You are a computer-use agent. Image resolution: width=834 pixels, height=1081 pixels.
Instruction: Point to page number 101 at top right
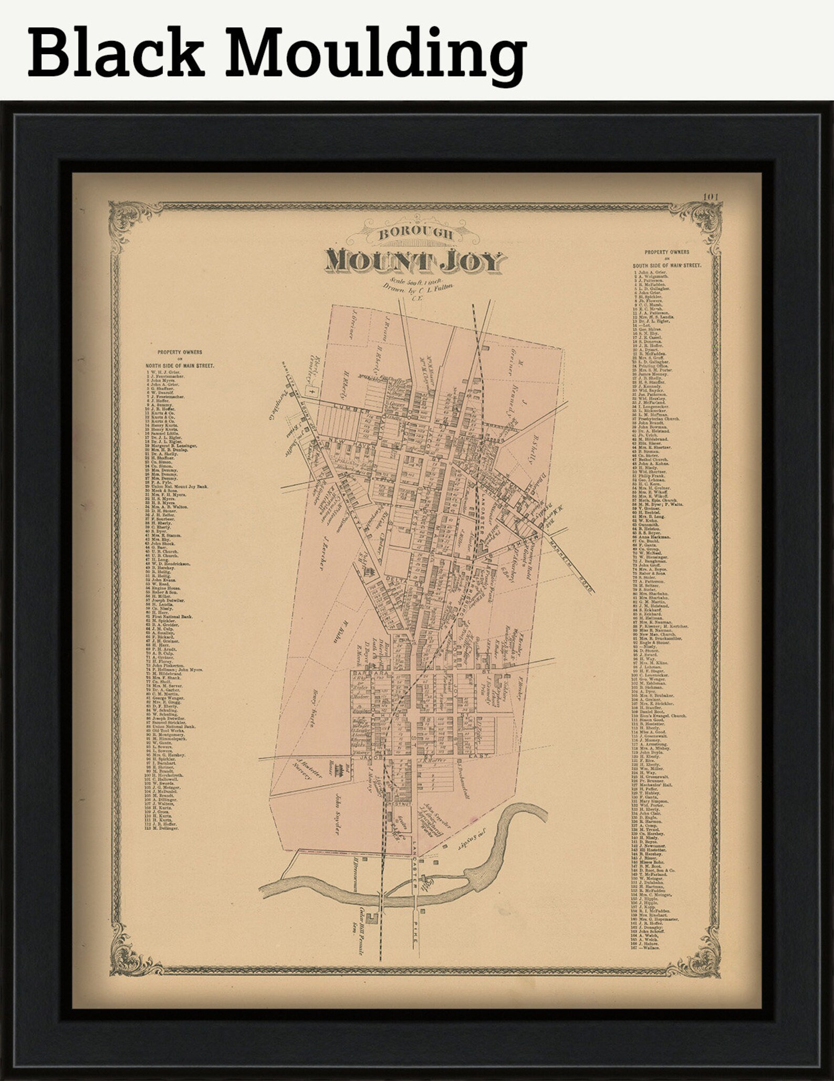pyautogui.click(x=712, y=197)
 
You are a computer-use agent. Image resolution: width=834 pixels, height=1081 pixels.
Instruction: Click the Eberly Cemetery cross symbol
pyautogui.click(x=313, y=391)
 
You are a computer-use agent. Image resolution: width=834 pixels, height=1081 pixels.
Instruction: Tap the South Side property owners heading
pyautogui.click(x=666, y=259)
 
